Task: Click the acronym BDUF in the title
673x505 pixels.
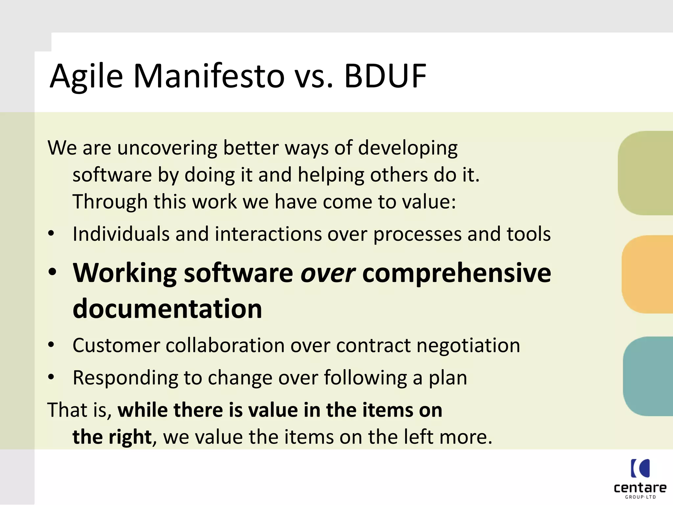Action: click(x=385, y=76)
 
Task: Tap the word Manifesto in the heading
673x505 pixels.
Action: click(x=209, y=76)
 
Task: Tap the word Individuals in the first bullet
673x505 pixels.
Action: click(x=121, y=234)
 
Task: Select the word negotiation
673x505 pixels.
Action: click(x=468, y=346)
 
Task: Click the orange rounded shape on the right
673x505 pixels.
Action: click(x=648, y=274)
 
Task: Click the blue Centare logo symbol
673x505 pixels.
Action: click(x=640, y=468)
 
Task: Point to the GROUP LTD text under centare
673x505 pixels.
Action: click(x=640, y=497)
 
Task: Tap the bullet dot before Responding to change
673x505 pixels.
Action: click(x=51, y=377)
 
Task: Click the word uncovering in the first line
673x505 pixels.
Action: click(x=167, y=148)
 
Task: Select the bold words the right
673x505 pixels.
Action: click(x=112, y=437)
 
